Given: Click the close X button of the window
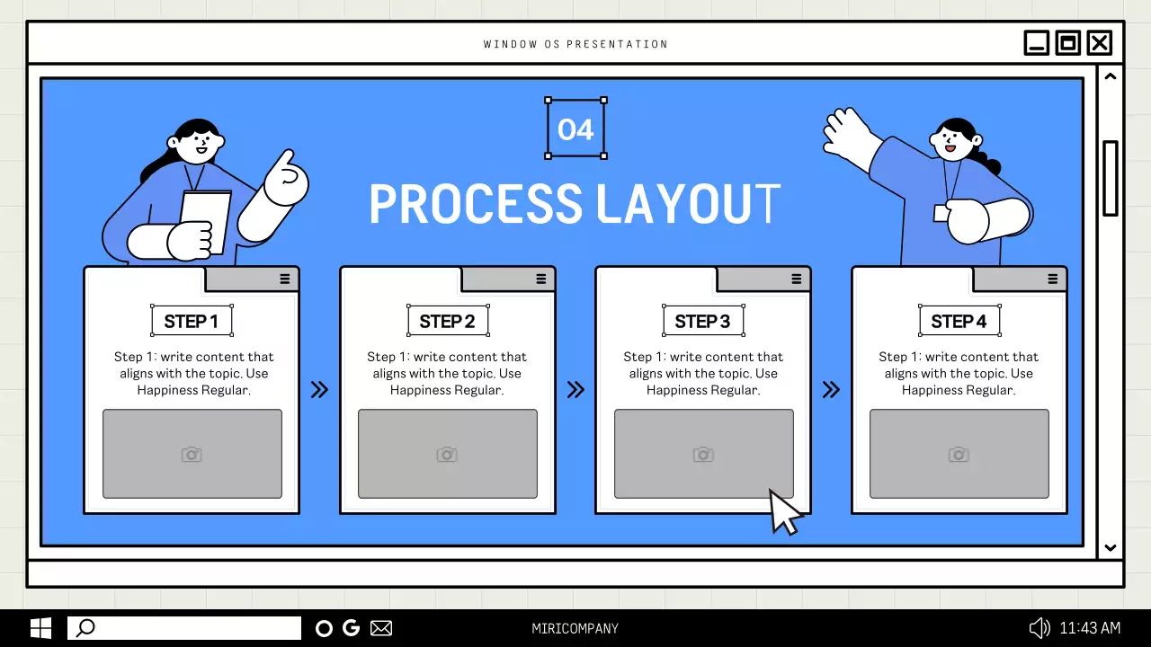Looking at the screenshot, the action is [x=1100, y=43].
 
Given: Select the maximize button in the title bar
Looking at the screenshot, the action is [x=1067, y=43].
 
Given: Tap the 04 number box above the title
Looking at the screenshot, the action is [x=575, y=129].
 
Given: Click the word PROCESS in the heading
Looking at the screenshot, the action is [x=476, y=204].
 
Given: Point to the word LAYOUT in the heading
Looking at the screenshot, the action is [x=688, y=204].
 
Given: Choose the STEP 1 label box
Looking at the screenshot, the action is [x=192, y=321].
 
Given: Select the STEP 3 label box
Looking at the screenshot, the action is [x=703, y=321].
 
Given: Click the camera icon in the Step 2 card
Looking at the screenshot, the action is [x=447, y=455].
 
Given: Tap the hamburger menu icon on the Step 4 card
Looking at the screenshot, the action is [x=1052, y=279].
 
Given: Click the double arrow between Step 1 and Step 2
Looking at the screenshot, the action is [x=319, y=390].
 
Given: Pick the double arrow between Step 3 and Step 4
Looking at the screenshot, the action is [x=831, y=390].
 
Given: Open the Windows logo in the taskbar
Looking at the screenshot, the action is [x=40, y=628].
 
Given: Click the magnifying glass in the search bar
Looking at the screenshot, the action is [x=85, y=628].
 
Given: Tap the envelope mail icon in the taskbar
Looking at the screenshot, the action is [x=381, y=628].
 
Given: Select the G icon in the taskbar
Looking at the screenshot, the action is [x=351, y=628].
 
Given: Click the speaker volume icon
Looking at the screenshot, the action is [x=1039, y=628].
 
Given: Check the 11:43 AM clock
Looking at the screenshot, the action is [x=1090, y=628].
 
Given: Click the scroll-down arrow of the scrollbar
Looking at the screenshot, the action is [x=1110, y=548].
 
